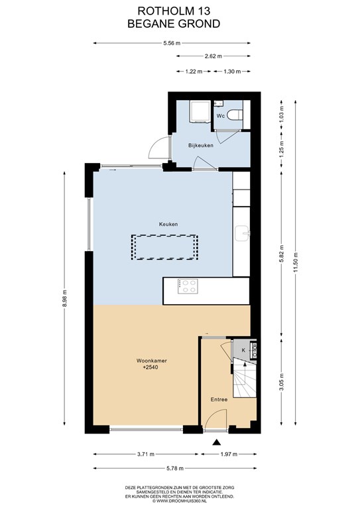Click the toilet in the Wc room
click(x=235, y=115)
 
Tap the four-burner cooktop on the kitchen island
click(x=188, y=286)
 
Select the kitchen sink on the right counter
click(x=243, y=233)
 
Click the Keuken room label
click(x=168, y=224)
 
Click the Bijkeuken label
click(x=201, y=145)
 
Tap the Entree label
click(x=219, y=400)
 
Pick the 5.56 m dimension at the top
click(x=172, y=43)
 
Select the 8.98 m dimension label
click(x=64, y=298)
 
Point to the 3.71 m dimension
click(x=146, y=454)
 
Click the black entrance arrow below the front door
click(x=217, y=442)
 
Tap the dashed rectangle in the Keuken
click(x=164, y=247)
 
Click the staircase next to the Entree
click(x=245, y=378)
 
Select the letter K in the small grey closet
click(x=243, y=350)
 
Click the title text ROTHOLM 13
click(x=174, y=11)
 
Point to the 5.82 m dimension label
click(x=282, y=254)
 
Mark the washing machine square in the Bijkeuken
click(x=200, y=111)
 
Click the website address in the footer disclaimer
click(x=180, y=501)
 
